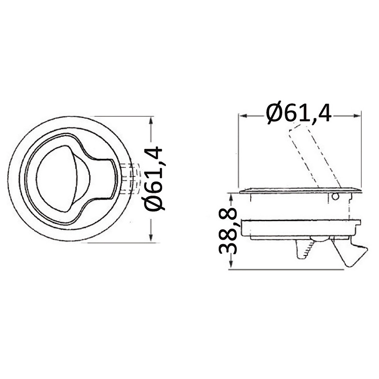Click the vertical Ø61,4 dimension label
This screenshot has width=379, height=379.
point(154,178)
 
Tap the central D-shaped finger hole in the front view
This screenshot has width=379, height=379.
point(63,179)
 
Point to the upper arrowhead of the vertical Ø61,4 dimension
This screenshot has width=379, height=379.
point(151,121)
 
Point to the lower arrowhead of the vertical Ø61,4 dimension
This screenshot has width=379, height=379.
point(151,237)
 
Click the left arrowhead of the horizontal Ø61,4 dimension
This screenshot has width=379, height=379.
point(243,116)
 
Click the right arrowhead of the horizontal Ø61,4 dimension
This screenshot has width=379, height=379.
point(357,116)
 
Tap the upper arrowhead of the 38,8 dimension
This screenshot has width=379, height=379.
point(231,197)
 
